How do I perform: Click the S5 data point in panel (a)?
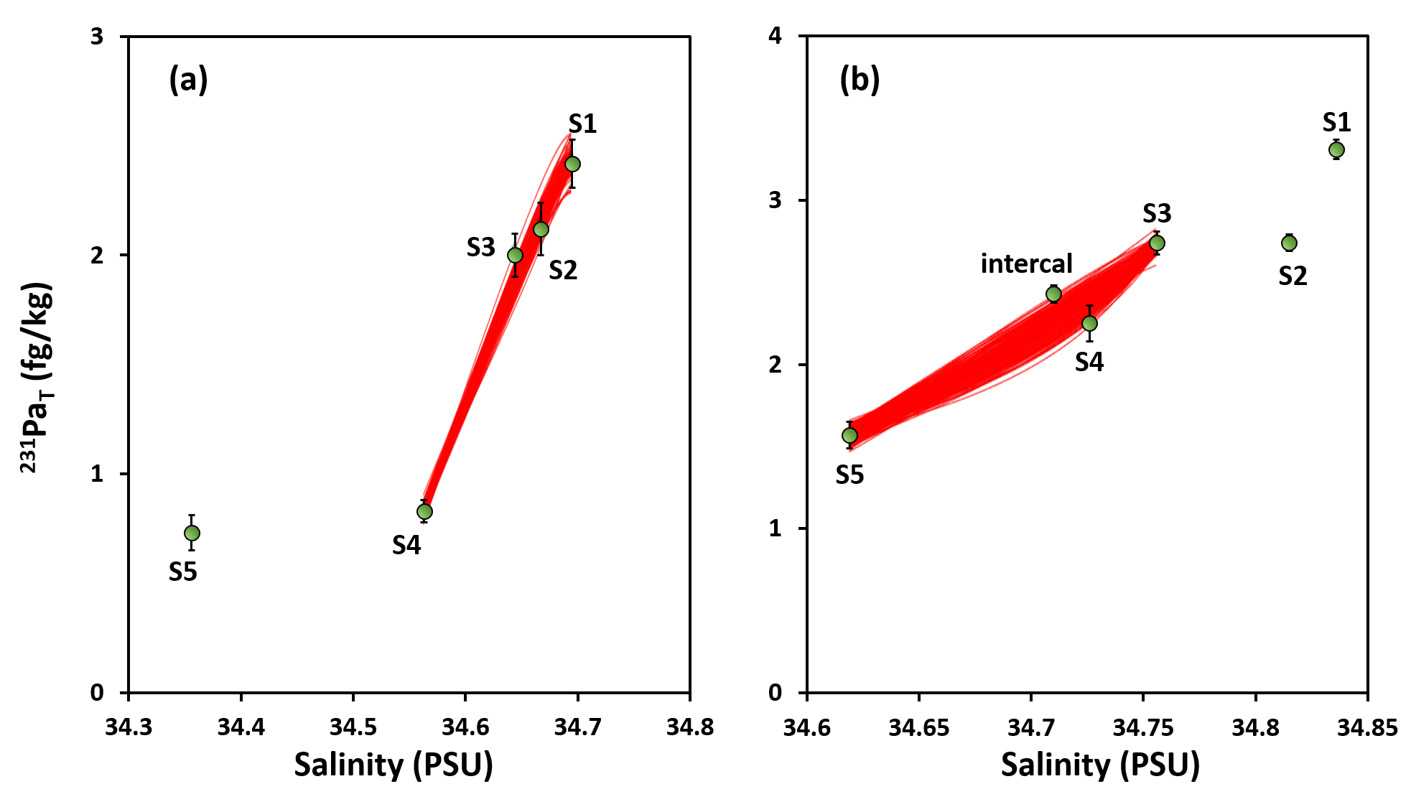[x=192, y=533]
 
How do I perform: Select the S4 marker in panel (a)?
[x=424, y=511]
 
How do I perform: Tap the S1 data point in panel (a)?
[x=572, y=164]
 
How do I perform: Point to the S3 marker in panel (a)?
[x=515, y=255]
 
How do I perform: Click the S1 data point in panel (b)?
[x=1336, y=149]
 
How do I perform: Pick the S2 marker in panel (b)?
[x=1289, y=243]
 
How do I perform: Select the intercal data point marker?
[x=1053, y=294]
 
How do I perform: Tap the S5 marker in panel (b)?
[x=849, y=435]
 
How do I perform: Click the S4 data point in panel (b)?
[x=1089, y=323]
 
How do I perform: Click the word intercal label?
[x=1026, y=263]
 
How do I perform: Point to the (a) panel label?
[x=188, y=79]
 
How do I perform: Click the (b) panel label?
[x=860, y=79]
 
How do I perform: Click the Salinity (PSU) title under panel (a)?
[x=394, y=765]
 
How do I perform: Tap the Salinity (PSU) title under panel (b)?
[x=1100, y=765]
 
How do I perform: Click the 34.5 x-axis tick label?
[x=353, y=727]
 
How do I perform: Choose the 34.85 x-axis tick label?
[x=1366, y=727]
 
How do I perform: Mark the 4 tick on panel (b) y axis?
[x=776, y=36]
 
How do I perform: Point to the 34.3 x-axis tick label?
[x=129, y=727]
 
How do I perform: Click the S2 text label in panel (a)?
[x=563, y=271]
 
